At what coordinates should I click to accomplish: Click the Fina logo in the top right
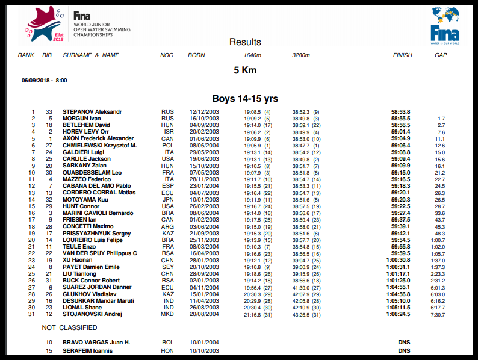(x=445, y=25)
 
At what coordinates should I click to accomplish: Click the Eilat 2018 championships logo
(x=49, y=23)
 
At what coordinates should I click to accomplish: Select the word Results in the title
(x=245, y=42)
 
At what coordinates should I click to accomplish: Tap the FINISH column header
(x=403, y=55)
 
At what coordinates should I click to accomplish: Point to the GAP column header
(x=441, y=55)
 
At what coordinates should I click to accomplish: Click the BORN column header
(x=196, y=55)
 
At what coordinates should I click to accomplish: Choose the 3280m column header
(x=301, y=55)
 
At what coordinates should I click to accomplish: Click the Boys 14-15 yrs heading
(x=245, y=98)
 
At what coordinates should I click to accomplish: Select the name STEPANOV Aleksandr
(x=92, y=112)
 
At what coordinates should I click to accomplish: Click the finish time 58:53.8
(x=400, y=112)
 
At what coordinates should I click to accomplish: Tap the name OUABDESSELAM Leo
(x=92, y=173)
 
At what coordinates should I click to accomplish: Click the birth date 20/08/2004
(x=203, y=314)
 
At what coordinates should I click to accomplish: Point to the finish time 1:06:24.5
(x=398, y=314)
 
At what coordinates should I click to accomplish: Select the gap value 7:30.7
(x=438, y=314)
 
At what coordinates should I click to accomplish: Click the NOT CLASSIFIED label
(x=69, y=328)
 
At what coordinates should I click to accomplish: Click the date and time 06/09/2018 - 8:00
(x=44, y=80)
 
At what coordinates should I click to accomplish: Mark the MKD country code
(x=167, y=314)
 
